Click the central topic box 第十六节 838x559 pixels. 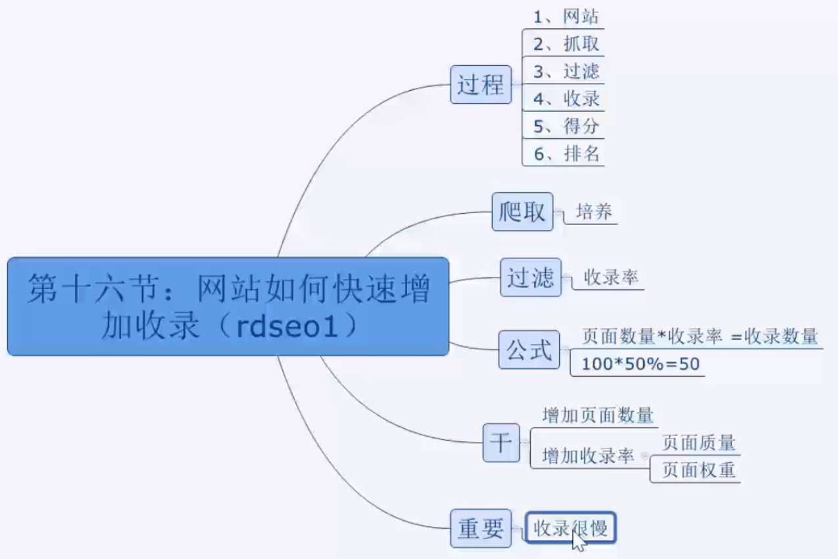click(x=228, y=306)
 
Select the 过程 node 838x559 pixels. click(x=481, y=84)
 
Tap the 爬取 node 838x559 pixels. click(x=522, y=212)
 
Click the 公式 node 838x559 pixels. click(x=529, y=349)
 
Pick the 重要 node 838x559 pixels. click(x=481, y=528)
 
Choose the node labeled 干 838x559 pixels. click(x=501, y=442)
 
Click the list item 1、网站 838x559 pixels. click(x=566, y=18)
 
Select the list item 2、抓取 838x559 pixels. click(x=566, y=45)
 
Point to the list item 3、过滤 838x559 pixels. click(x=566, y=71)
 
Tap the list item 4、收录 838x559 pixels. click(x=566, y=99)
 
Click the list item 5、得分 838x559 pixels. click(x=566, y=126)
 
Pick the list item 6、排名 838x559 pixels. click(x=566, y=155)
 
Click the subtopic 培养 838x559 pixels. click(x=594, y=212)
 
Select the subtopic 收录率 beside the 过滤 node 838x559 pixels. click(x=611, y=278)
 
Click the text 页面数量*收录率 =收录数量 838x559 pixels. click(x=700, y=337)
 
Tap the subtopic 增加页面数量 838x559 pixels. click(x=597, y=416)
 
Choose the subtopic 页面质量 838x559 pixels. click(x=698, y=443)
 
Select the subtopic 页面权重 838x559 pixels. click(x=698, y=470)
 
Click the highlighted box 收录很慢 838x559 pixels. click(x=570, y=527)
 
